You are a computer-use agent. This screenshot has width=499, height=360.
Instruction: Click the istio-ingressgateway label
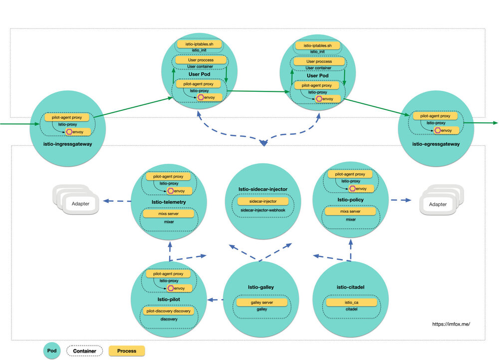pos(67,144)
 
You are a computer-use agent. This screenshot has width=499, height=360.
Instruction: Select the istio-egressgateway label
pos(436,144)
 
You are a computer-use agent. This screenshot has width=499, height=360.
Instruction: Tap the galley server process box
pos(261,303)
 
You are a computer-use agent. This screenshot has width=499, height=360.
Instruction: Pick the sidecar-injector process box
pos(263,201)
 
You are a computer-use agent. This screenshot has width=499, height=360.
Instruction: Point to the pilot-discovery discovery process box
pos(168,311)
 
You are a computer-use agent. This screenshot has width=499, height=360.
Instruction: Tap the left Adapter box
pos(81,204)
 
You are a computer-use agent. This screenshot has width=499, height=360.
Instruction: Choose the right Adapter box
pos(438,204)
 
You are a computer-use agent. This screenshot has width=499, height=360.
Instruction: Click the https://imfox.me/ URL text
pos(451,324)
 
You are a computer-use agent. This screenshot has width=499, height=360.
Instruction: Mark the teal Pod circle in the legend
pos(51,351)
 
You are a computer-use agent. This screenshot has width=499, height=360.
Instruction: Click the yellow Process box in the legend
pos(127,351)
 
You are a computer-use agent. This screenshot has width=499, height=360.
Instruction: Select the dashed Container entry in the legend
pos(84,351)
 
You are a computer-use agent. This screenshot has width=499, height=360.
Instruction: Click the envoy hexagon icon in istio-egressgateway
pos(437,130)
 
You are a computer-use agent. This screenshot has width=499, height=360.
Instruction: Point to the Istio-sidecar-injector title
pos(263,189)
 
